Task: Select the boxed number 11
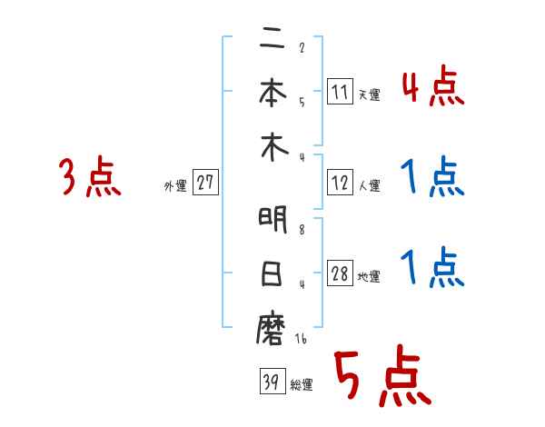[340, 92]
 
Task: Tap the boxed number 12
[340, 184]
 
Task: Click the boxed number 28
[340, 274]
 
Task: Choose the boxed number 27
[205, 184]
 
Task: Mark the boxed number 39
[270, 382]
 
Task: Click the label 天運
[370, 94]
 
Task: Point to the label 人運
[370, 185]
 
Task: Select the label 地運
[370, 276]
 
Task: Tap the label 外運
[175, 185]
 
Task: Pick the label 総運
[302, 384]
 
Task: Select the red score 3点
[90, 178]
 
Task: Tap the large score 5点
[381, 377]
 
